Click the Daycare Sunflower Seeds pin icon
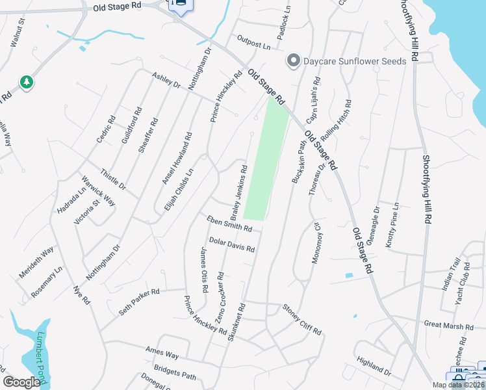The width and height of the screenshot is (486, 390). click(x=293, y=61)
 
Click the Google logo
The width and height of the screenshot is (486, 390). click(x=22, y=382)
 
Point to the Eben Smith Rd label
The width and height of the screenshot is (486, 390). click(x=229, y=224)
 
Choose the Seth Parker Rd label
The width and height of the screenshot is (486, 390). click(x=139, y=303)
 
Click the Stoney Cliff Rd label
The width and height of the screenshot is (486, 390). click(x=301, y=319)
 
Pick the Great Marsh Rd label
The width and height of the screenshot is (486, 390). click(x=448, y=324)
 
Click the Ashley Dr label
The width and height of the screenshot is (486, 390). click(x=166, y=81)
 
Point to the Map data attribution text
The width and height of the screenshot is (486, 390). click(x=457, y=384)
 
